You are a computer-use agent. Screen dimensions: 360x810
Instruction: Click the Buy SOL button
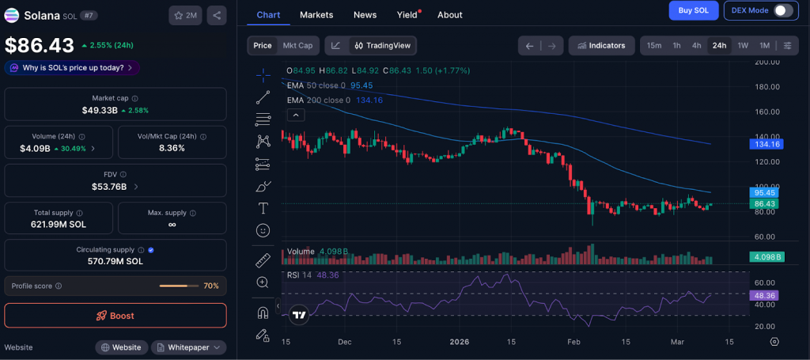(694, 10)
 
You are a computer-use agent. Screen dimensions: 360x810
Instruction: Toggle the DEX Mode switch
(782, 10)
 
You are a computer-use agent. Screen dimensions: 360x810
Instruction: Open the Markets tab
(316, 14)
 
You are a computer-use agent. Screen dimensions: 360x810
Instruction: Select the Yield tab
(407, 14)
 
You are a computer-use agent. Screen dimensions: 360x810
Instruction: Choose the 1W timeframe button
(743, 45)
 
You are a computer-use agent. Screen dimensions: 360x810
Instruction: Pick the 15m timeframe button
(654, 45)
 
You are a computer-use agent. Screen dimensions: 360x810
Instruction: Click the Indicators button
(601, 45)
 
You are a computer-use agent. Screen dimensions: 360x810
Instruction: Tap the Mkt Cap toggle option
(297, 45)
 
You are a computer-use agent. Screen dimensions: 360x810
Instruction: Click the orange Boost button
(115, 316)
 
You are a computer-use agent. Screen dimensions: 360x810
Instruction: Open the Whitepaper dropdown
(188, 347)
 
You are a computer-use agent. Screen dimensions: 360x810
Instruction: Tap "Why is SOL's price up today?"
(73, 68)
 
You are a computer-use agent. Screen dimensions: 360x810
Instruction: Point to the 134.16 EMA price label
(766, 144)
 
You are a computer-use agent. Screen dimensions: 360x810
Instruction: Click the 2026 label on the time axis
(460, 342)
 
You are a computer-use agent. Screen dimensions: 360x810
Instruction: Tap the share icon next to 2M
(217, 15)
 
